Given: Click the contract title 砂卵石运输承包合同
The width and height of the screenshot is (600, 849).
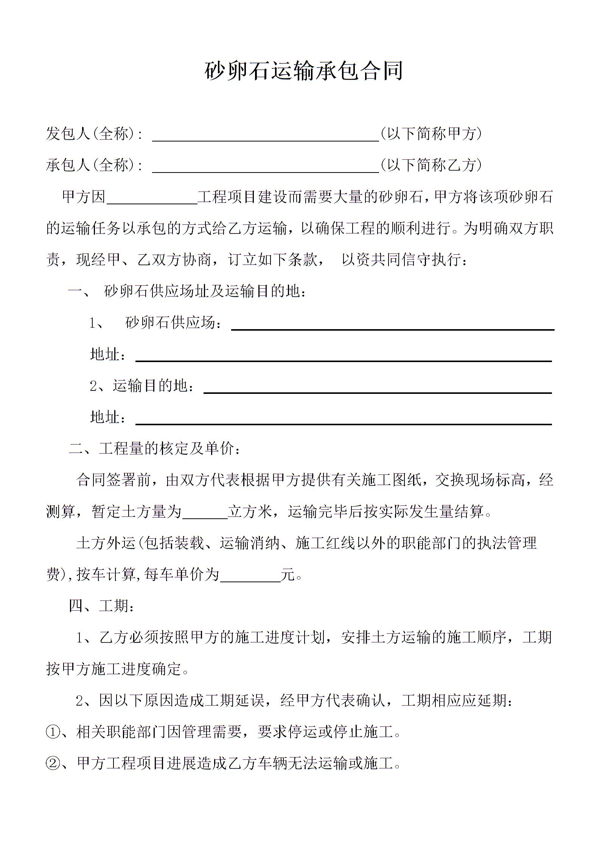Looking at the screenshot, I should [x=303, y=71].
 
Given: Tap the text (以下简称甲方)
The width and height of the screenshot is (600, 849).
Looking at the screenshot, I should [x=431, y=134].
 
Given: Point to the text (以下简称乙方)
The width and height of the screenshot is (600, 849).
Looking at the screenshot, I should [x=431, y=165].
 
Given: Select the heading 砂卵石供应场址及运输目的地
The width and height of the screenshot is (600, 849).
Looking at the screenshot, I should [x=205, y=291].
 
